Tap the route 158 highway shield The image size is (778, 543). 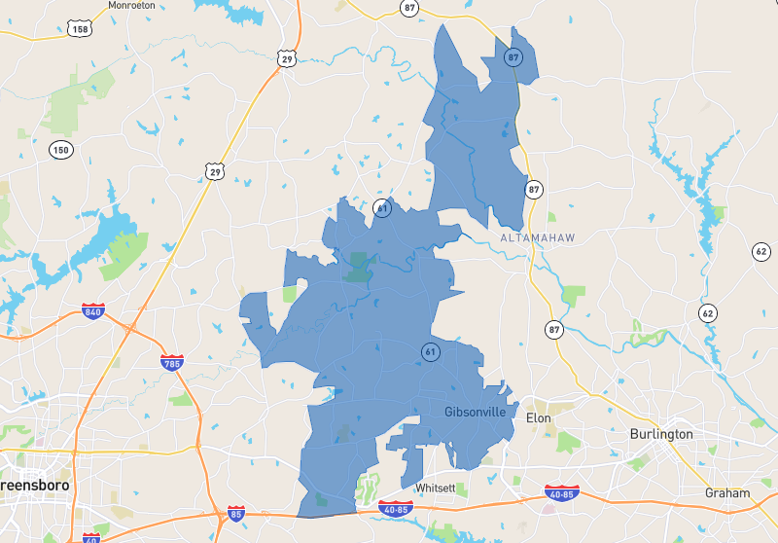coord(81,30)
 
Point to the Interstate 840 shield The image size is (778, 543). coord(93,311)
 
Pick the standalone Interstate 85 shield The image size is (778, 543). coord(235,512)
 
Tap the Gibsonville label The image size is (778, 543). coord(475,412)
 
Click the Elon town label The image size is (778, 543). coord(538,417)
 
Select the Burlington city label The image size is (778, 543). coord(661,433)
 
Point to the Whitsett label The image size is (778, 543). coord(435,488)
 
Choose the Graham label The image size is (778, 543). coord(727,493)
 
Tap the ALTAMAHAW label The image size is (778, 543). coord(537,237)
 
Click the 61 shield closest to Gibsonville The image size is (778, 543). coord(429,351)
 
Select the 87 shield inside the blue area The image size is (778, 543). coord(513,57)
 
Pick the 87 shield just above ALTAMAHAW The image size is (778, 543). coord(533,189)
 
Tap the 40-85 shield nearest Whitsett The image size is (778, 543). coord(396,508)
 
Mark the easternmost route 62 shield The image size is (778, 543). coord(760,252)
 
